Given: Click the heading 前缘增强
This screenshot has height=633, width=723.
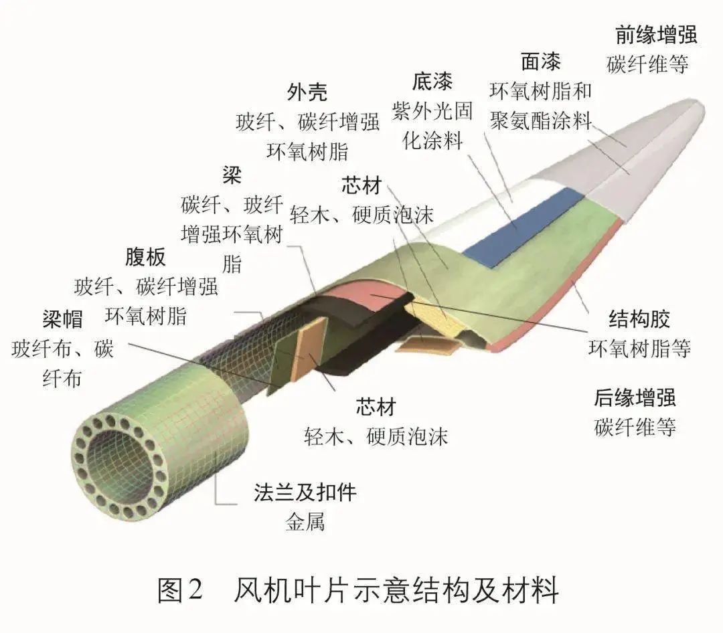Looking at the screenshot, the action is pyautogui.click(x=656, y=35).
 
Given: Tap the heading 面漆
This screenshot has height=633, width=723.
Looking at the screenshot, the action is pyautogui.click(x=540, y=62).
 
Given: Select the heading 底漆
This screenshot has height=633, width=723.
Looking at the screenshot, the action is pyautogui.click(x=432, y=82).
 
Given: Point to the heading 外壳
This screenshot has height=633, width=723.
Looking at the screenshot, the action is pyautogui.click(x=307, y=92).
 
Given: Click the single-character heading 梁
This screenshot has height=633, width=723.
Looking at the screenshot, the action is pyautogui.click(x=232, y=175).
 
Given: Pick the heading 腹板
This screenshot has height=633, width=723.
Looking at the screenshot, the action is pyautogui.click(x=145, y=257).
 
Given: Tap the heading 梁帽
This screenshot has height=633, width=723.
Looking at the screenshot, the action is pyautogui.click(x=62, y=319).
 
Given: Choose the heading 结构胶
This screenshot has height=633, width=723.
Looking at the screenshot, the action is pyautogui.click(x=639, y=319).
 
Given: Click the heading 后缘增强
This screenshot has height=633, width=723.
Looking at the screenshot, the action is pyautogui.click(x=635, y=398).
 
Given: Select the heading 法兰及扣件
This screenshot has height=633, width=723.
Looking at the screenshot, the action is pyautogui.click(x=305, y=492).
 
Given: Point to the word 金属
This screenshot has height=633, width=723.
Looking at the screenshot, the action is pyautogui.click(x=305, y=522).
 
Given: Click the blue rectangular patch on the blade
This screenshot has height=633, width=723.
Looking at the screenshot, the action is pyautogui.click(x=521, y=226).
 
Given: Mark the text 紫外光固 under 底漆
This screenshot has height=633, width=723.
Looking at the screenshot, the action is pyautogui.click(x=432, y=111).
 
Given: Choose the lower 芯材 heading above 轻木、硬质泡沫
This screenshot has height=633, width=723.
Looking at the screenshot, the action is pyautogui.click(x=376, y=407).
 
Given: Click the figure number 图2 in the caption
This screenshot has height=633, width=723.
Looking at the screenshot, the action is pyautogui.click(x=180, y=590).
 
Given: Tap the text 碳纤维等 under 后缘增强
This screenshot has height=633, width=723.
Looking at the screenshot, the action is pyautogui.click(x=635, y=428).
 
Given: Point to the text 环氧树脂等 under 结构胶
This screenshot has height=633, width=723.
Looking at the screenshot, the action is pyautogui.click(x=639, y=348).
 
